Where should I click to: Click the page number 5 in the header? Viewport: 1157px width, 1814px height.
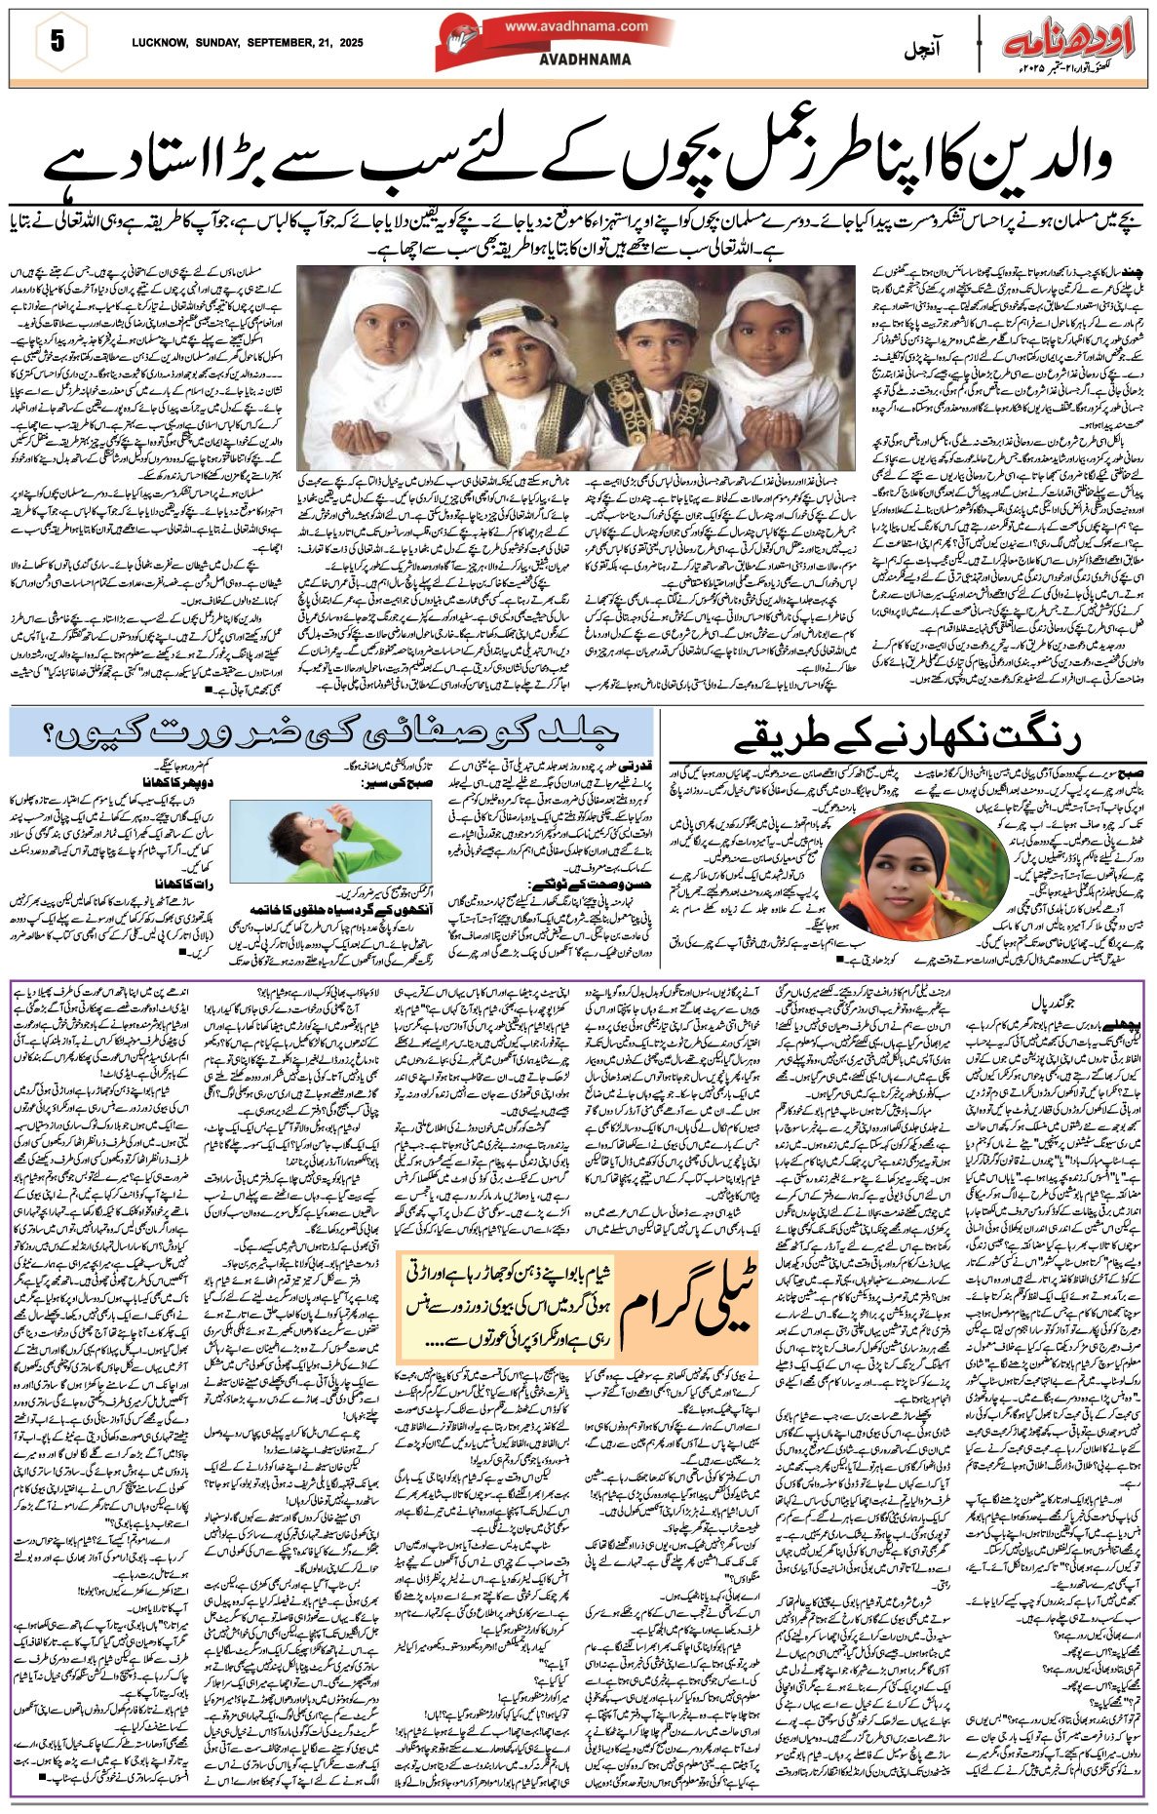point(56,42)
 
